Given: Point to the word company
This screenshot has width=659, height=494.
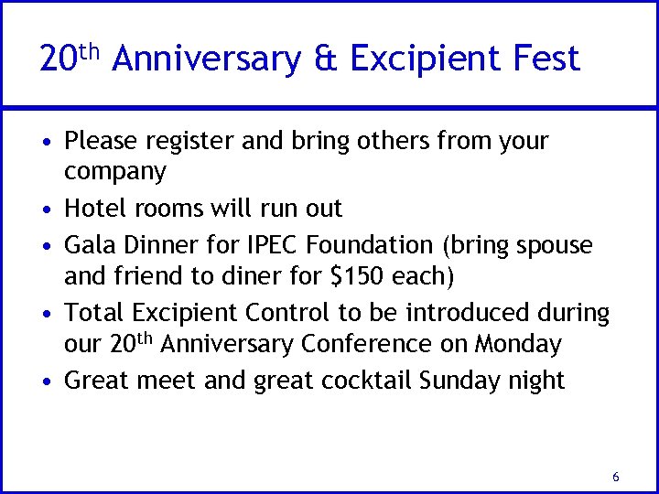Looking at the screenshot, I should click(115, 173).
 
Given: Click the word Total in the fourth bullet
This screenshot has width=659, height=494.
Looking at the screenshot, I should click(95, 313).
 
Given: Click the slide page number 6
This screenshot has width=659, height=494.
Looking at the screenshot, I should click(616, 477).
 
